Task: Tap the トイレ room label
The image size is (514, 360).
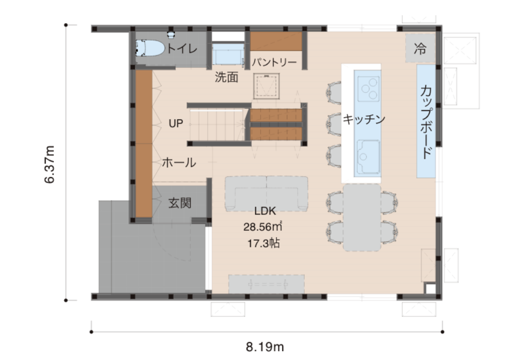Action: pyautogui.click(x=182, y=49)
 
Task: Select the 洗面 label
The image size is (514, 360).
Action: pyautogui.click(x=227, y=77)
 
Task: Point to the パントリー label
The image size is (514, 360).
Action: pyautogui.click(x=274, y=62)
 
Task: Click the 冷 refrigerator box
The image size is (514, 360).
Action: pyautogui.click(x=420, y=48)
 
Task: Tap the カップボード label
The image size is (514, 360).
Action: pyautogui.click(x=426, y=122)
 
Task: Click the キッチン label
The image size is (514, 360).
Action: pyautogui.click(x=364, y=119)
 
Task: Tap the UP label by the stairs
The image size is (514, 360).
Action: pyautogui.click(x=176, y=123)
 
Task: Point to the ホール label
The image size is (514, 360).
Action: pyautogui.click(x=179, y=163)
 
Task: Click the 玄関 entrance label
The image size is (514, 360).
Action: pyautogui.click(x=180, y=203)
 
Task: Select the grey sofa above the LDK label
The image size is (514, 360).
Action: pyautogui.click(x=266, y=194)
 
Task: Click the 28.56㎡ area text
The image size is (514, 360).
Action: pyautogui.click(x=263, y=227)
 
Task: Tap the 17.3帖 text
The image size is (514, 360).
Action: pyautogui.click(x=264, y=244)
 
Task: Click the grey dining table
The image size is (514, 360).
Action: pyautogui.click(x=362, y=218)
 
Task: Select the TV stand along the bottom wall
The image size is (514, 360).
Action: pyautogui.click(x=266, y=284)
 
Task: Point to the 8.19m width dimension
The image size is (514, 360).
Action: pyautogui.click(x=265, y=347)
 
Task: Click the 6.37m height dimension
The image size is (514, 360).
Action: pyautogui.click(x=49, y=164)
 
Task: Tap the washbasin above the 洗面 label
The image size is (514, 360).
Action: pyautogui.click(x=228, y=55)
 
